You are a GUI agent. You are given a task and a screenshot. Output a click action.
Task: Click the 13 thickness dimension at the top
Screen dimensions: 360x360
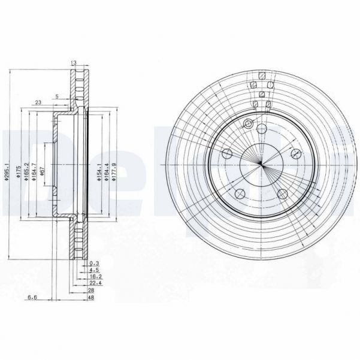pos(74,62)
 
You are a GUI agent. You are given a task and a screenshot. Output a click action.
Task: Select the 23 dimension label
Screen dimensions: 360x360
pos(38,102)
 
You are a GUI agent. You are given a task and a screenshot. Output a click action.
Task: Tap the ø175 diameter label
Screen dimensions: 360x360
pos(19,171)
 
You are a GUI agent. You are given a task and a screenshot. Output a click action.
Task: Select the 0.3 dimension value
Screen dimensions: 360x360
pos(93,264)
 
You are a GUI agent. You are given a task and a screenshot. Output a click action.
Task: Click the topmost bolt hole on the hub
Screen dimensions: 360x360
pos(262,129)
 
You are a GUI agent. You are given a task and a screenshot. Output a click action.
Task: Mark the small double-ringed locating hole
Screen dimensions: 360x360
pos(247,124)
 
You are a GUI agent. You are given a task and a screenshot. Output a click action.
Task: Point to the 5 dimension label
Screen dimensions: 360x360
pos(56,96)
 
